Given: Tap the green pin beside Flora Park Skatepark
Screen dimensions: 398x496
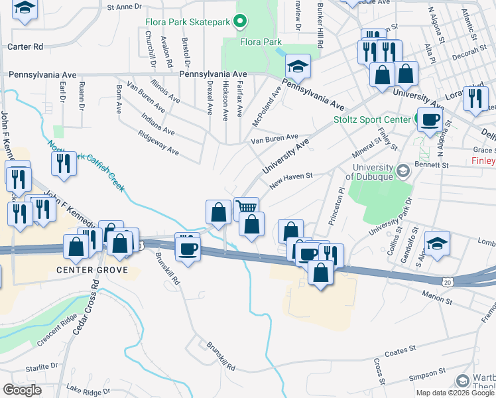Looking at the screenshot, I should point(240,22).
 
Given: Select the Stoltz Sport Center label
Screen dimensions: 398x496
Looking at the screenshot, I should point(371,120).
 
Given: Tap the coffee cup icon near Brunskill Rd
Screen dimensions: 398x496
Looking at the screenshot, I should point(188,249).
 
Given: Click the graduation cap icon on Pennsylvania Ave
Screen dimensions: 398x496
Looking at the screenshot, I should point(298,66).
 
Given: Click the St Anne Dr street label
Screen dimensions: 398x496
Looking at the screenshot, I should point(124,6).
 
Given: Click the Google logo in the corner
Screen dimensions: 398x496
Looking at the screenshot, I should point(22,390).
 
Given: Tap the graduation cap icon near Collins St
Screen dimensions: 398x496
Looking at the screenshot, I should point(438,243).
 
